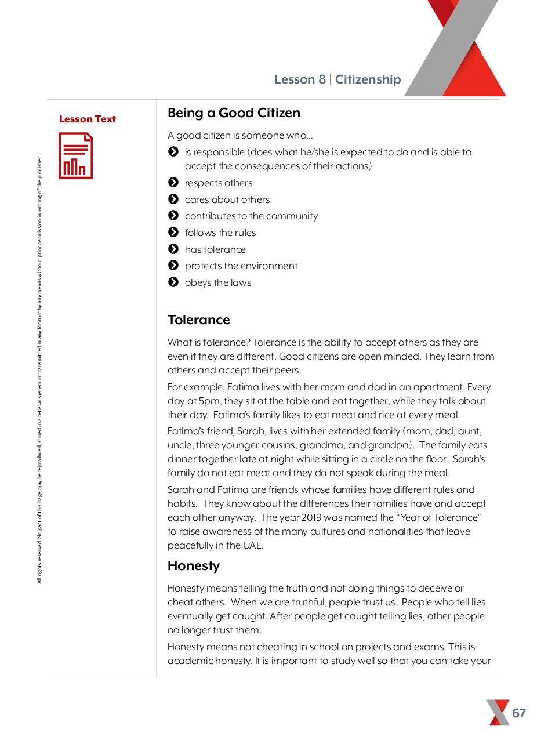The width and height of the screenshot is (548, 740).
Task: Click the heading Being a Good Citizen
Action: [x=234, y=113]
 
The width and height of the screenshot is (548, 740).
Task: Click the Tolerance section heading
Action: [x=198, y=320]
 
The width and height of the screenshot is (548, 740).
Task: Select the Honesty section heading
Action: [x=194, y=565]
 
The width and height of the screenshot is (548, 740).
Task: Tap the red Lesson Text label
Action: [x=88, y=119]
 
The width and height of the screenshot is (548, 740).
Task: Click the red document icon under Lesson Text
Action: [x=75, y=156]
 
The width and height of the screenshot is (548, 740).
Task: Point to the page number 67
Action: [x=519, y=713]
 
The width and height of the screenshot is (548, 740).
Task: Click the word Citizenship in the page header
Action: [x=368, y=79]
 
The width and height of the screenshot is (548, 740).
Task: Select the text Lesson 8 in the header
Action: [x=300, y=79]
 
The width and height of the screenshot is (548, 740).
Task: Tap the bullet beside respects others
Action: [x=173, y=183]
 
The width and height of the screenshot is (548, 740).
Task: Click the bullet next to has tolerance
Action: [x=173, y=249]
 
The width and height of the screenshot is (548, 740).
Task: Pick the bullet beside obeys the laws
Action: [x=173, y=282]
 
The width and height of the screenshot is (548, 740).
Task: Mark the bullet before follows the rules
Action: [x=173, y=233]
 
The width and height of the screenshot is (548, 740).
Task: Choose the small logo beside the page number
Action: [x=498, y=712]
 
